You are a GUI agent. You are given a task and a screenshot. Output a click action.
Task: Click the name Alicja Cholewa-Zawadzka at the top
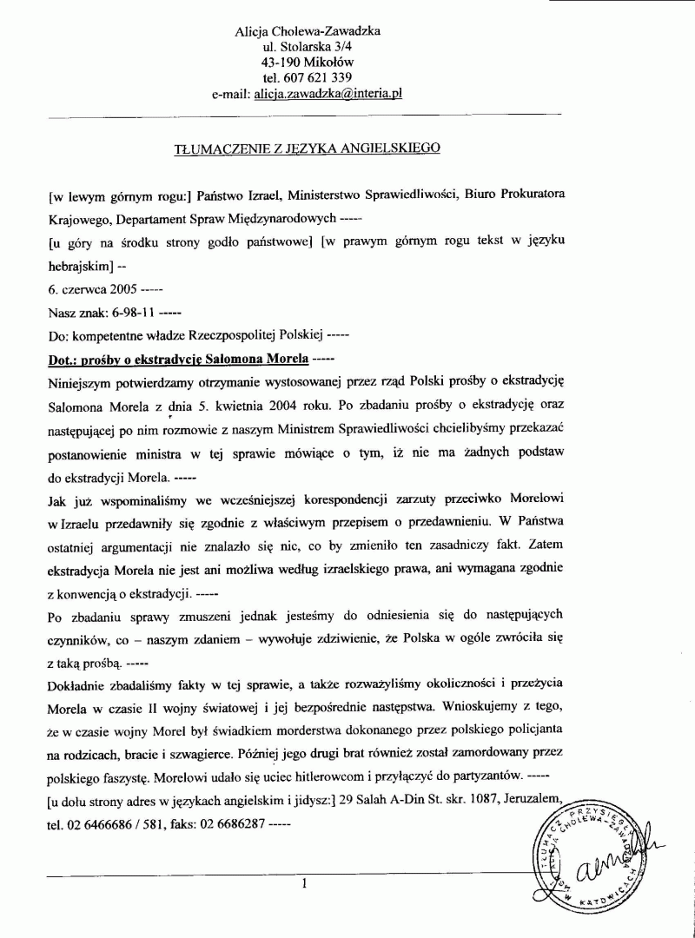pos(308,31)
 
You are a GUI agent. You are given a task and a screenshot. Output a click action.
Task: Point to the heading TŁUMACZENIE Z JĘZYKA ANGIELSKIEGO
pos(308,148)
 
